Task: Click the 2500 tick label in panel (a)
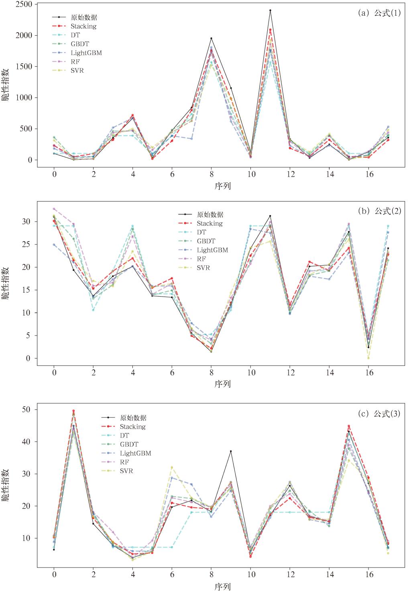point(24,4)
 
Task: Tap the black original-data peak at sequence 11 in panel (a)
point(270,10)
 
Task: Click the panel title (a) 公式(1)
point(379,13)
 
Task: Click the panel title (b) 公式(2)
point(379,211)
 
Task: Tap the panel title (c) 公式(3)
point(379,414)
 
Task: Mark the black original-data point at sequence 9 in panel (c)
point(231,451)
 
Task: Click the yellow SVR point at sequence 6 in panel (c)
point(172,467)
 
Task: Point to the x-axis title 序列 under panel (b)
point(222,384)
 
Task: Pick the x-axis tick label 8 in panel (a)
point(211,175)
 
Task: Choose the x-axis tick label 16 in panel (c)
point(368,574)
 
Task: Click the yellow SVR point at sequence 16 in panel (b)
point(368,358)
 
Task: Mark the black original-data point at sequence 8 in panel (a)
point(211,38)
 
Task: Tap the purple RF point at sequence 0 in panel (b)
point(54,209)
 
